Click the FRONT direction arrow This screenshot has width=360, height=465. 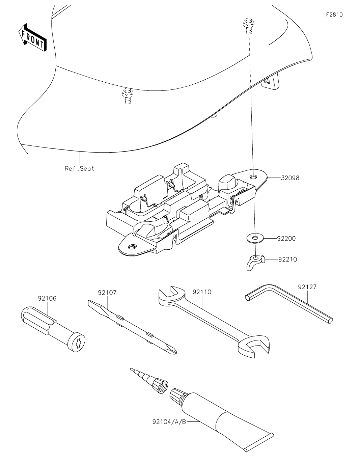point(32,37)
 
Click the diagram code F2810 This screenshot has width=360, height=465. point(334,15)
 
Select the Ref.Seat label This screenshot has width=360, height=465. point(79,168)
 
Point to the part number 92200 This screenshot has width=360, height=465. point(286,239)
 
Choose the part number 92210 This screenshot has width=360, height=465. point(288,259)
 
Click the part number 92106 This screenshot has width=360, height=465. point(47,298)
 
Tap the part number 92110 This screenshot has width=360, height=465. point(202,292)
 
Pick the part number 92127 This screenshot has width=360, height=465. point(307,287)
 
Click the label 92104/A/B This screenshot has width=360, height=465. point(169,421)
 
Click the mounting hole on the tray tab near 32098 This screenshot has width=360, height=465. point(254,176)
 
